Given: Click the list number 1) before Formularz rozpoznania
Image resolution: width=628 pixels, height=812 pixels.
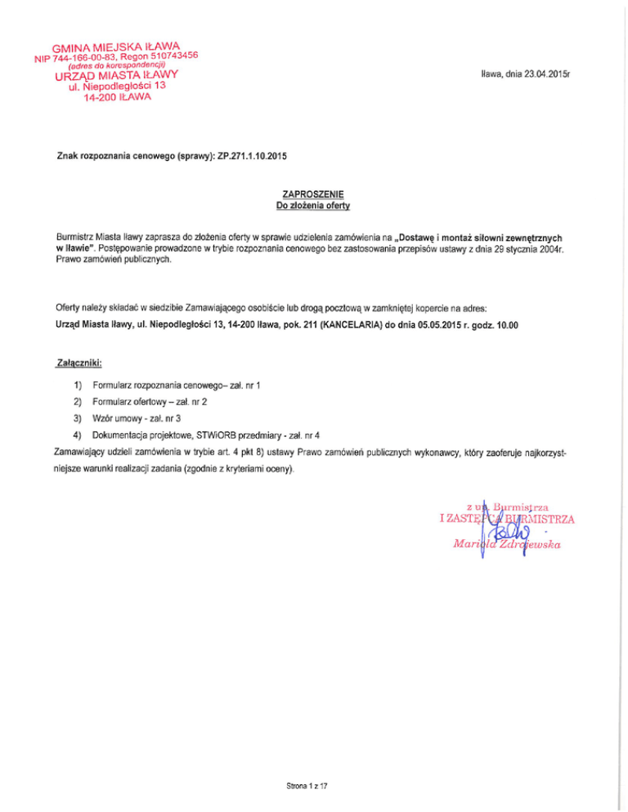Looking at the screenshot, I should pos(78,383).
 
